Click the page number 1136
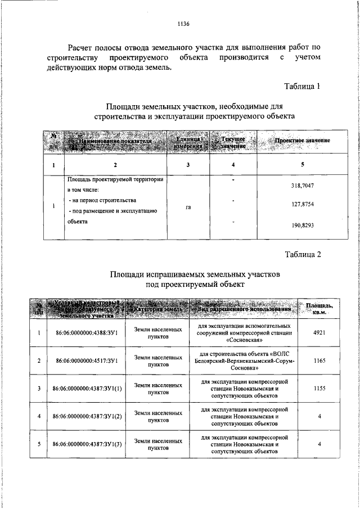183,24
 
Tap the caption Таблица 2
302,254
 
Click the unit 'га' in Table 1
188,207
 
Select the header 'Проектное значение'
302,139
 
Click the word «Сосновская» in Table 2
244,340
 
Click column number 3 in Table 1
188,165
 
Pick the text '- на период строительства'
101,200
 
